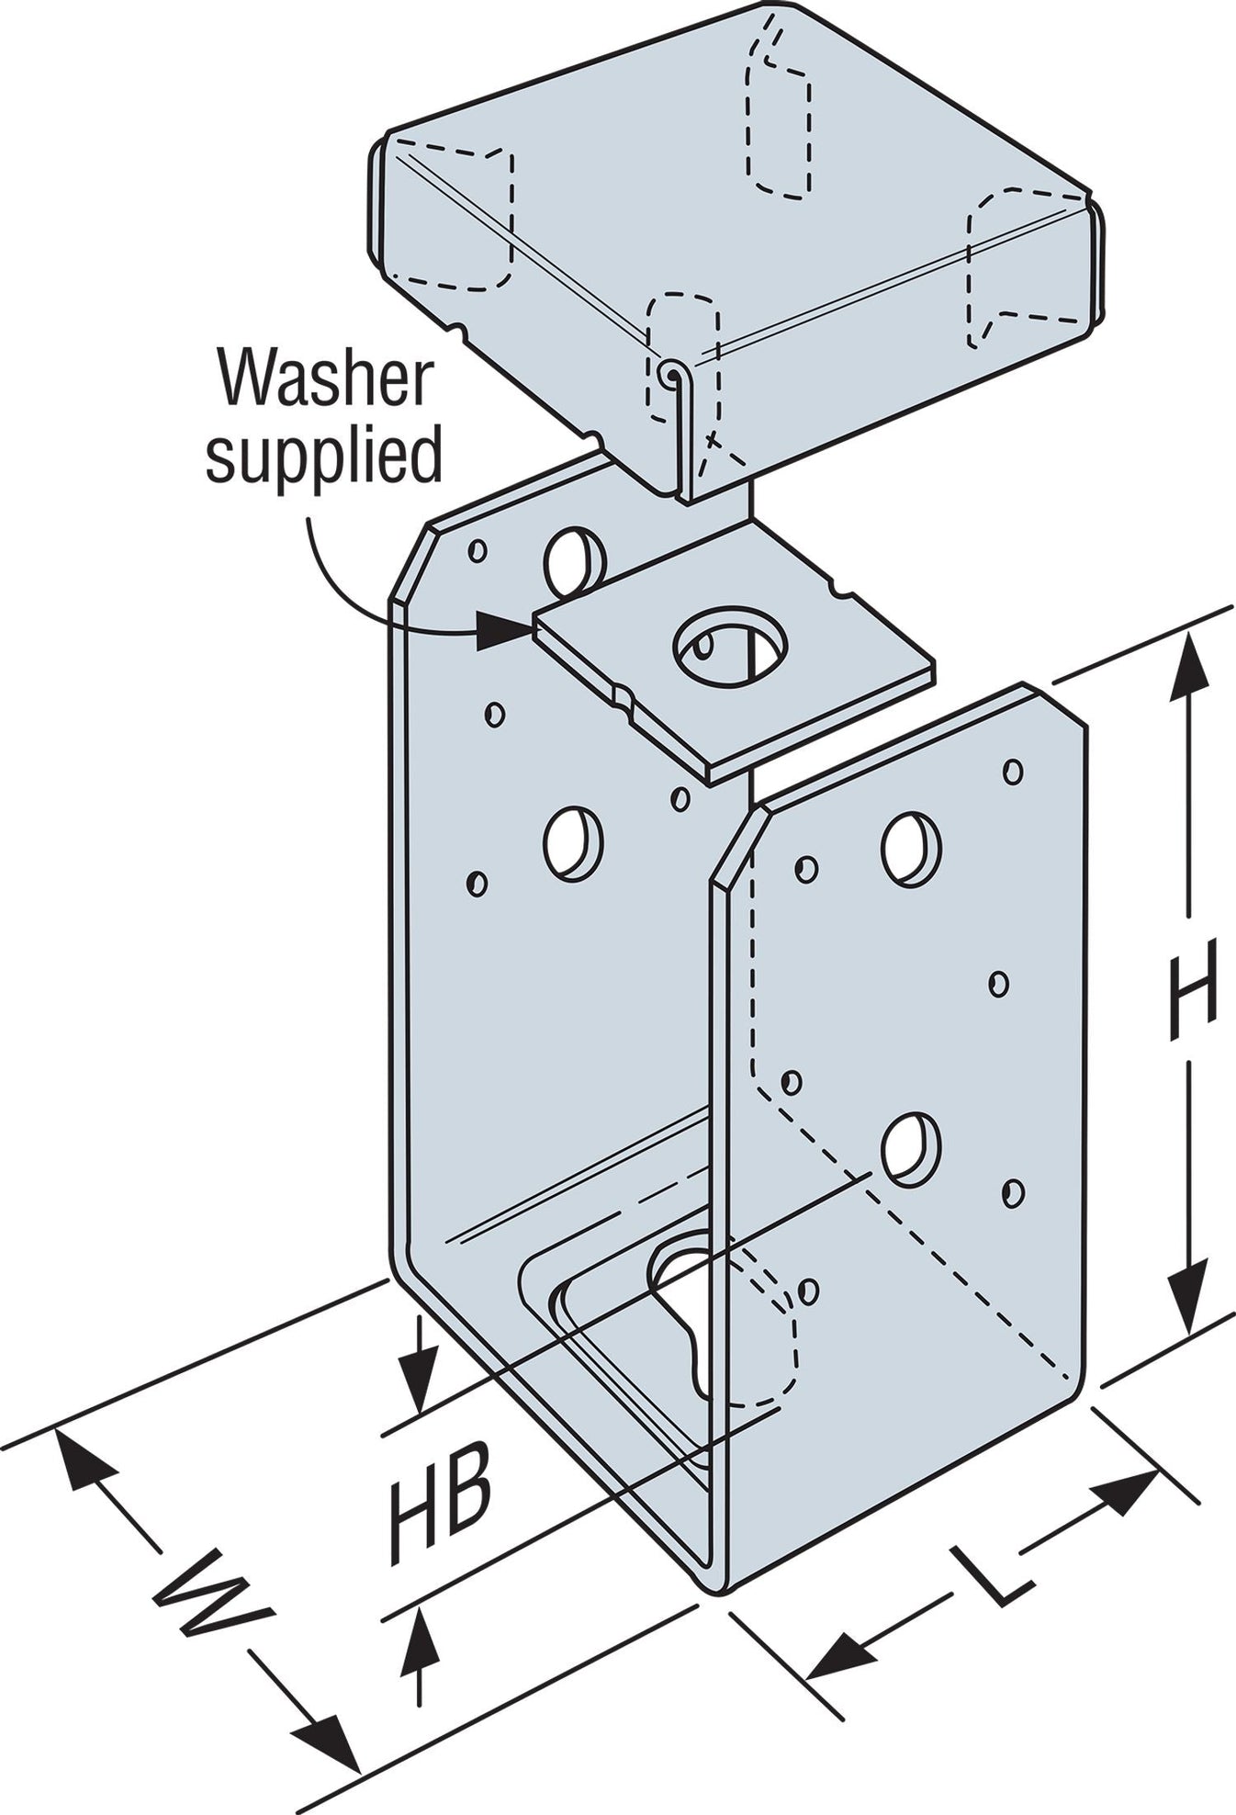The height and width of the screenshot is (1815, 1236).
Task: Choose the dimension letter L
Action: click(991, 1573)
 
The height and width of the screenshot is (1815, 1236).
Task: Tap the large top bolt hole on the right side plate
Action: click(911, 848)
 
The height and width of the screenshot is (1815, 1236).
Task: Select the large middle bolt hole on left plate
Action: click(573, 842)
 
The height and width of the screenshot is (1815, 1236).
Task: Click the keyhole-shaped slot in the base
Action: click(689, 1304)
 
